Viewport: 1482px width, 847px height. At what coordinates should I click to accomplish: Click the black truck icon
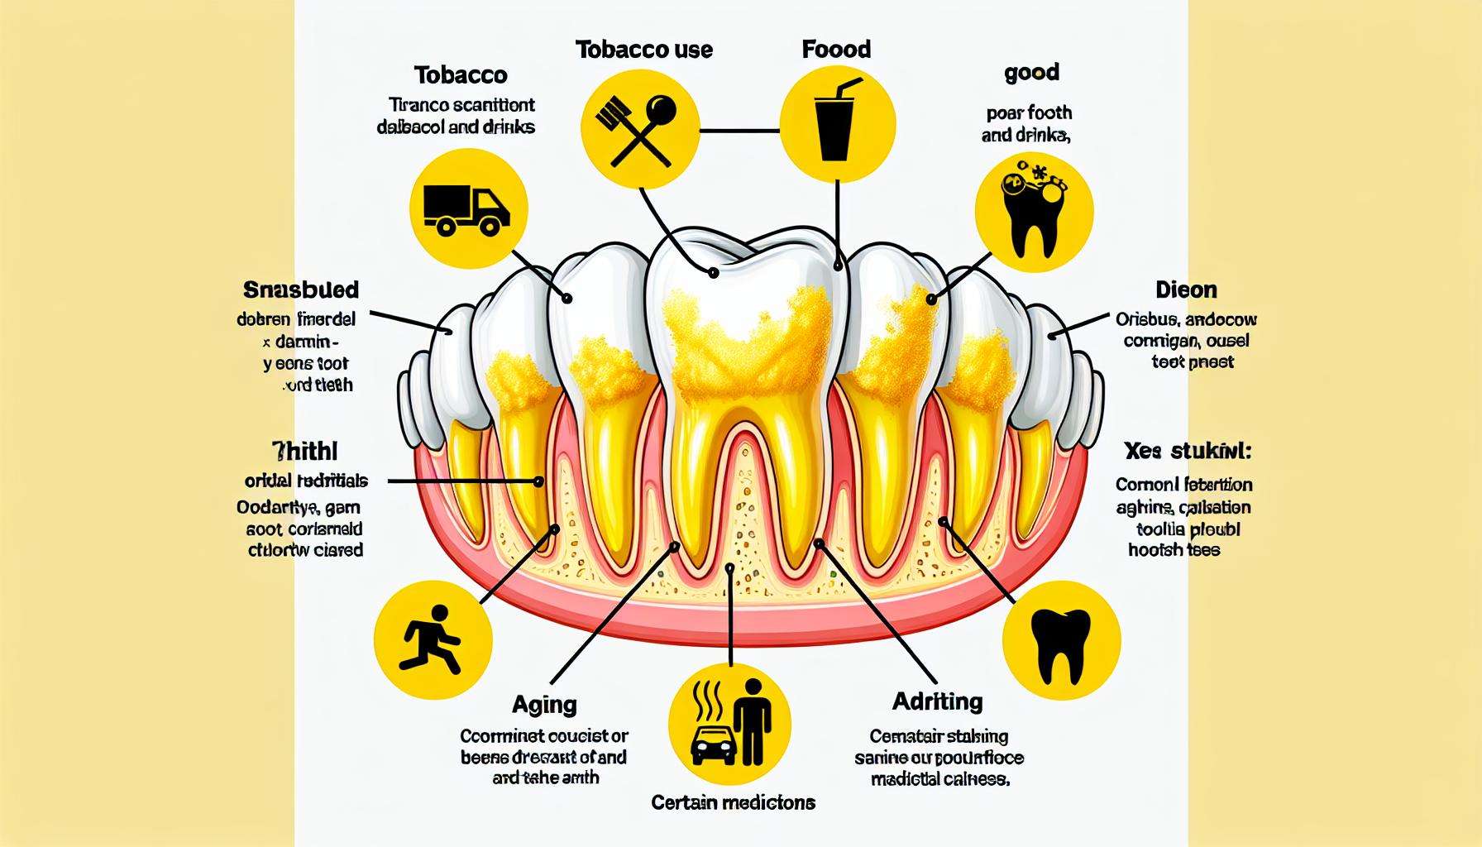466,208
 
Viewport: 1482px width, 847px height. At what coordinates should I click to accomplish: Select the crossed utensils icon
641,129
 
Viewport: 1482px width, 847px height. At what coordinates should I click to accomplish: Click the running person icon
433,639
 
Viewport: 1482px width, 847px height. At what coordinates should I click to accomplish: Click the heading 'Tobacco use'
644,50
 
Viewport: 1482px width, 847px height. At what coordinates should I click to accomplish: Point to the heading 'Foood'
836,50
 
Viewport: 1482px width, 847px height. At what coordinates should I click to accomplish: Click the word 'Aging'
543,705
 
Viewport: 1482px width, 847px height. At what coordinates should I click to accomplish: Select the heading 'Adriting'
938,702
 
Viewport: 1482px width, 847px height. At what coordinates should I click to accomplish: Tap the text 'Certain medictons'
733,802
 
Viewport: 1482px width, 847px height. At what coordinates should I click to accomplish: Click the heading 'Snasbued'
301,290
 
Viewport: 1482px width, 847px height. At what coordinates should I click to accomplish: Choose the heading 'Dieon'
1186,290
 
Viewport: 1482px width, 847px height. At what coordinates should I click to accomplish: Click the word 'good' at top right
1031,74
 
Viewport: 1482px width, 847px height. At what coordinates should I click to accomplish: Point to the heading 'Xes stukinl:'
1188,452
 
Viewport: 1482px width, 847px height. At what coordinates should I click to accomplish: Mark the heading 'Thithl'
305,452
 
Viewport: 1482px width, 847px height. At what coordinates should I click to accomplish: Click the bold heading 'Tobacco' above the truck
461,75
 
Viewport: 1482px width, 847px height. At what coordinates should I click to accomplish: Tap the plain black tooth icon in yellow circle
1061,642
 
